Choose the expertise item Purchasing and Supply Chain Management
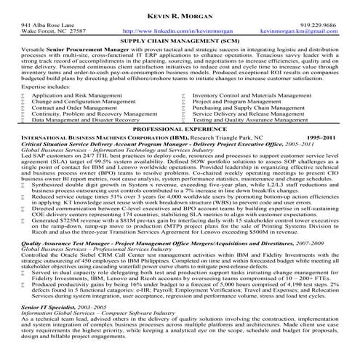pos(247,107)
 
